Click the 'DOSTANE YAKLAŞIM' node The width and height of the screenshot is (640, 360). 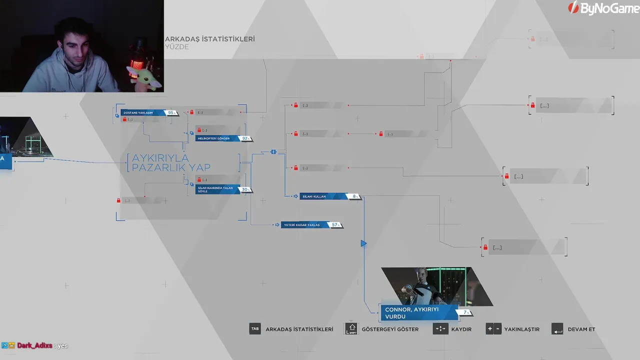pyautogui.click(x=142, y=113)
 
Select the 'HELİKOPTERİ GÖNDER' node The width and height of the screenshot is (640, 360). pyautogui.click(x=217, y=138)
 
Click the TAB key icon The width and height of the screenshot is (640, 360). pyautogui.click(x=255, y=329)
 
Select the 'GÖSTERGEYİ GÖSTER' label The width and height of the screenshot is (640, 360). pyautogui.click(x=390, y=329)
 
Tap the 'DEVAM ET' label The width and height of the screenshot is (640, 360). pyautogui.click(x=581, y=329)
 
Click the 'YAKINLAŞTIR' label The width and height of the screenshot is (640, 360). pyautogui.click(x=521, y=329)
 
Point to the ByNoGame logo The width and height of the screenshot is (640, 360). pyautogui.click(x=603, y=8)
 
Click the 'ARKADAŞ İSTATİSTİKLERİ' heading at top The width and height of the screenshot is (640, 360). pyautogui.click(x=210, y=39)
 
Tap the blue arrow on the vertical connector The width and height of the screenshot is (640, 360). pyautogui.click(x=363, y=243)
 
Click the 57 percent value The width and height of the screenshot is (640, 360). pyautogui.click(x=335, y=225)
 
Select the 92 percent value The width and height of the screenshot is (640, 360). pyautogui.click(x=245, y=138)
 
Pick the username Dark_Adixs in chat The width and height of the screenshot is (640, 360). pyautogui.click(x=34, y=345)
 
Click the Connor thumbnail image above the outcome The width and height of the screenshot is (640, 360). pyautogui.click(x=435, y=286)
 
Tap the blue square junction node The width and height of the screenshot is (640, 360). pyautogui.click(x=273, y=151)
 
